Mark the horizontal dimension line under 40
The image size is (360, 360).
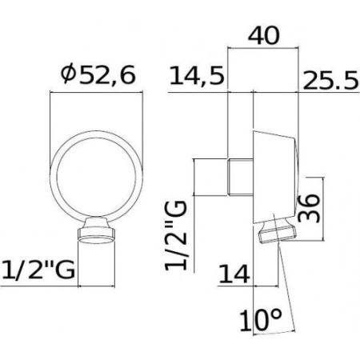click(x=264, y=51)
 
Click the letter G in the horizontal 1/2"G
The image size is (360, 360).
click(x=67, y=270)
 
